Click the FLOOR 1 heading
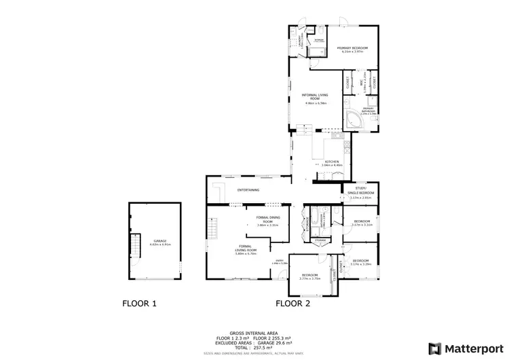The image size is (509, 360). (139, 304)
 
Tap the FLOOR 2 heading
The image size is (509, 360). (293, 304)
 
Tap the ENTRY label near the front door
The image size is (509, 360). (280, 262)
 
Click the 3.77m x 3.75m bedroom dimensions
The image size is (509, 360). (309, 278)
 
